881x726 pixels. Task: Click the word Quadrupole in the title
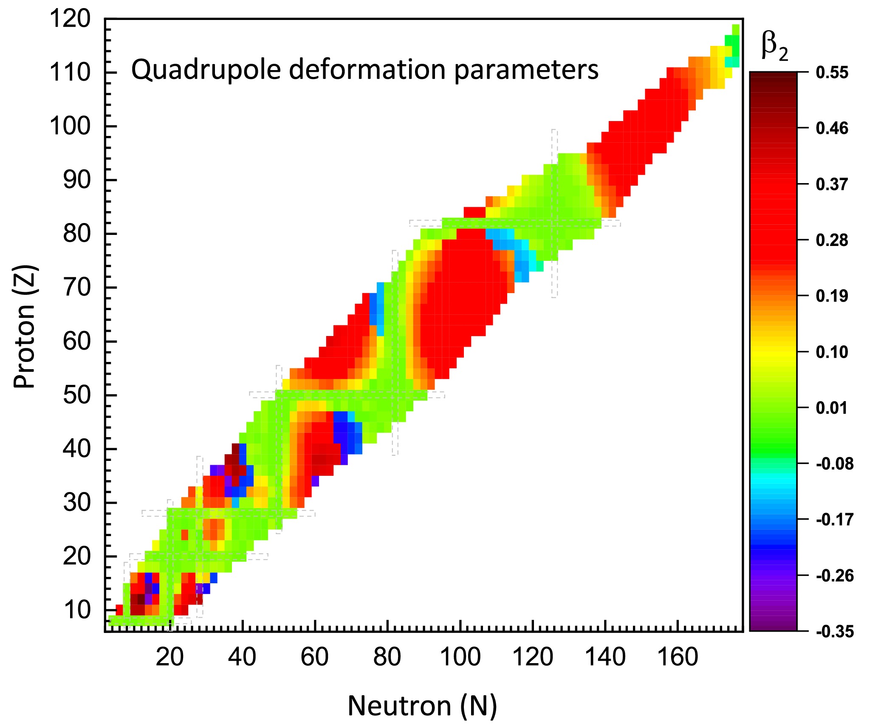pyautogui.click(x=206, y=70)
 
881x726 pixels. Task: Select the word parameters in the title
pyautogui.click(x=526, y=70)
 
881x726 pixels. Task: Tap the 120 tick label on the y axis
pyautogui.click(x=70, y=19)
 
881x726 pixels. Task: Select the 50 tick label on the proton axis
pyautogui.click(x=77, y=395)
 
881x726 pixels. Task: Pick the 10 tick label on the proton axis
pyautogui.click(x=77, y=610)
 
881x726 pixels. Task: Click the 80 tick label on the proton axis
pyautogui.click(x=77, y=234)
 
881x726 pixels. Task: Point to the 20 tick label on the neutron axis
pyautogui.click(x=169, y=657)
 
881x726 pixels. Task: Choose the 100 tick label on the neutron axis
pyautogui.click(x=460, y=657)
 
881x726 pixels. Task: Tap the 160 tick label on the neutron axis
pyautogui.click(x=678, y=657)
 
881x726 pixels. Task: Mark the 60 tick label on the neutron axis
pyautogui.click(x=314, y=657)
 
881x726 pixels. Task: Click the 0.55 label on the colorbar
pyautogui.click(x=832, y=73)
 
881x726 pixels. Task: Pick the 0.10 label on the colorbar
pyautogui.click(x=832, y=352)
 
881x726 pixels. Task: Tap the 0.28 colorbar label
pyautogui.click(x=832, y=240)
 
